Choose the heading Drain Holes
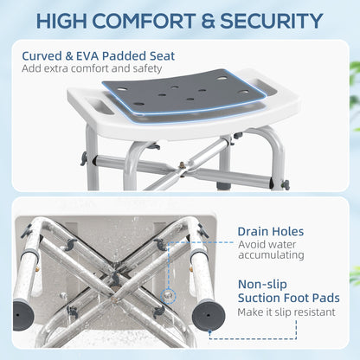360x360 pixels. coord(271,232)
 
